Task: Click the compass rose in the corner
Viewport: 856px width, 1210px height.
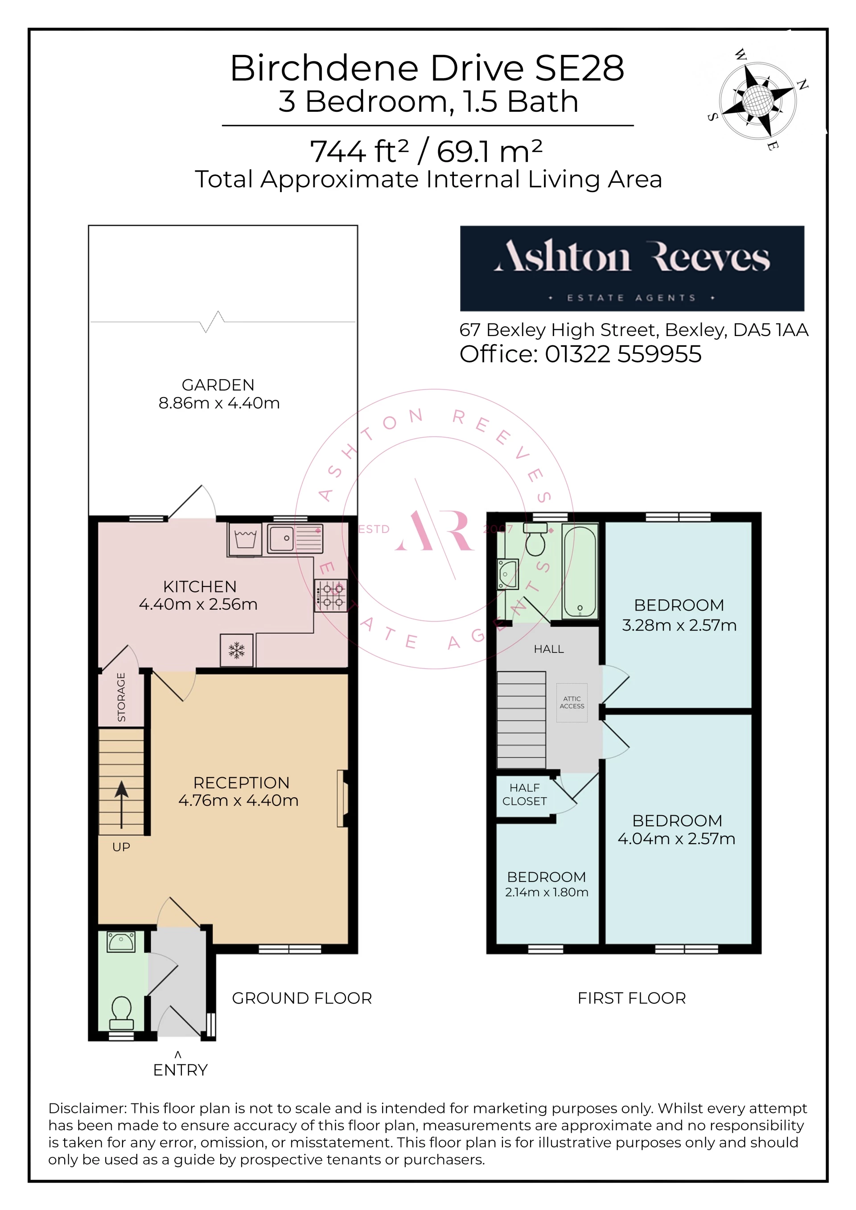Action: click(x=758, y=100)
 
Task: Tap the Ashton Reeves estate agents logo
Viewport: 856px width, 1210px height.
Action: click(x=632, y=268)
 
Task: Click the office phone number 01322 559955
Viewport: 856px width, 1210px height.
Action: click(x=623, y=354)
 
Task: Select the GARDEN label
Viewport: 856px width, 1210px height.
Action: click(x=218, y=385)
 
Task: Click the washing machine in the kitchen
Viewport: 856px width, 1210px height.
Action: click(x=245, y=539)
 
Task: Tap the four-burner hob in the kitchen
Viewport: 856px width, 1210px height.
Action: click(x=330, y=595)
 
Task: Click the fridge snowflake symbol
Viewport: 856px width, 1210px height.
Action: click(x=237, y=650)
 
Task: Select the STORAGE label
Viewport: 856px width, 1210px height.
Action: click(x=122, y=697)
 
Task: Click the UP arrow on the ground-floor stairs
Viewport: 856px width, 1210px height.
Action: click(x=122, y=805)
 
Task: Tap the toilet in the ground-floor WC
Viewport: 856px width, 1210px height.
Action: click(x=121, y=1013)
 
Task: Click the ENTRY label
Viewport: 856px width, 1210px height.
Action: click(x=180, y=1070)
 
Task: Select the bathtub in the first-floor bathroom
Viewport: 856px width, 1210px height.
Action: click(x=580, y=571)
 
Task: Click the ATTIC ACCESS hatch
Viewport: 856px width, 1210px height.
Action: click(x=572, y=702)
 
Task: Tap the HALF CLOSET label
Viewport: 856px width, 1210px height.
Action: click(x=524, y=794)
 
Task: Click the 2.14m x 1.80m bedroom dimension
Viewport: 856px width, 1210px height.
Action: click(x=547, y=892)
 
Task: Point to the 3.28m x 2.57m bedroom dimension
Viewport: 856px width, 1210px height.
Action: click(x=679, y=625)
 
